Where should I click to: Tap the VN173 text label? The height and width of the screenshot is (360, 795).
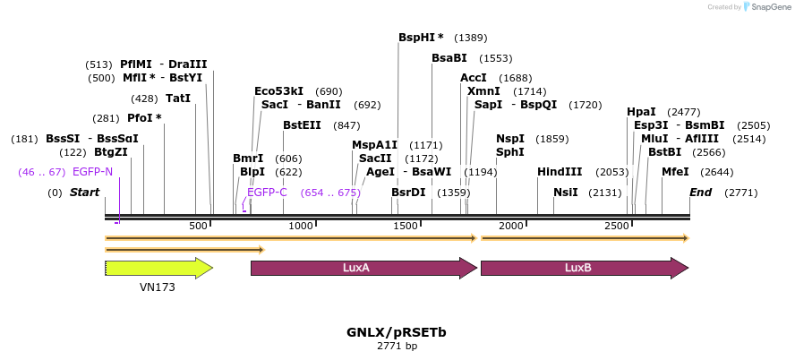pos(158,287)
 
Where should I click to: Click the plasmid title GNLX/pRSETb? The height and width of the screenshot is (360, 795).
pos(397,332)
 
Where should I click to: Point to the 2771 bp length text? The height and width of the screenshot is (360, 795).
pos(397,346)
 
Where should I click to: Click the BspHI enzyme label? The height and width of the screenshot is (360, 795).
pos(421,38)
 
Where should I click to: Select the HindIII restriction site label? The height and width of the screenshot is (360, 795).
pos(560,172)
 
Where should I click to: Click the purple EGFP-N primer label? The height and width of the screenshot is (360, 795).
pos(93,172)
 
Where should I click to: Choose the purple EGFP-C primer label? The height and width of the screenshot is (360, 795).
pos(267,193)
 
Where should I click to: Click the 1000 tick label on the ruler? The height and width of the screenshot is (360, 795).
pos(301,226)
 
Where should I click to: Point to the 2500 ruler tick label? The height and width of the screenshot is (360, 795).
pos(618,226)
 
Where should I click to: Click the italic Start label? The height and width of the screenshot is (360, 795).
pos(84,193)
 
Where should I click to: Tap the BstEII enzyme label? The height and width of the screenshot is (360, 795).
pos(302,125)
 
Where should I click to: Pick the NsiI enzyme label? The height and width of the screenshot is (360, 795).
pos(566,193)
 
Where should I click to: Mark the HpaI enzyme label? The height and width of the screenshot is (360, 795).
pos(641,112)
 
